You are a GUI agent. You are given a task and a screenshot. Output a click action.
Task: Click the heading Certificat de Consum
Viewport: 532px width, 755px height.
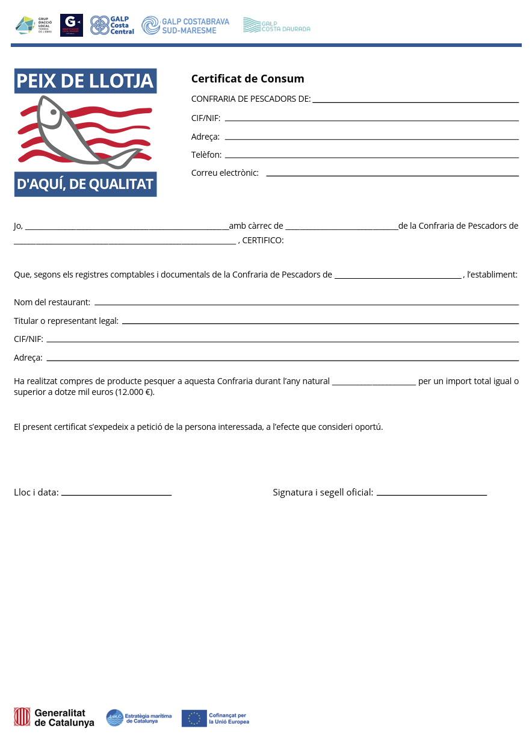[x=247, y=79]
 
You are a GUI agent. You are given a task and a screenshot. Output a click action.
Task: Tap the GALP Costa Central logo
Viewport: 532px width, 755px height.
[x=112, y=25]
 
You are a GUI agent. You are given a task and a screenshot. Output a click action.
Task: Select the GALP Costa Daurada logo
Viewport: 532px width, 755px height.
[x=276, y=25]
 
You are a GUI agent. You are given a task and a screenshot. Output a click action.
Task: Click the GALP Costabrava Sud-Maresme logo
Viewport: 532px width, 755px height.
[x=185, y=25]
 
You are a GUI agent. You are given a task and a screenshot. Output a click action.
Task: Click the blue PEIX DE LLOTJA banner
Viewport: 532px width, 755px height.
[x=85, y=81]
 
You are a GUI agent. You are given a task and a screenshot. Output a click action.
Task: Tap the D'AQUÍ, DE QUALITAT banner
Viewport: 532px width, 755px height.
[x=85, y=184]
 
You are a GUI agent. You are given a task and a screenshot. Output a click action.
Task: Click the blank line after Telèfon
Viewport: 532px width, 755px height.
[x=371, y=157]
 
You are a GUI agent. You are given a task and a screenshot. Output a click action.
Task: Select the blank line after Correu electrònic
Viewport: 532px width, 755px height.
[x=392, y=175]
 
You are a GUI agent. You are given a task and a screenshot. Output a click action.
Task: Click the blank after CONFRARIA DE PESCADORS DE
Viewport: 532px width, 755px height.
[x=415, y=101]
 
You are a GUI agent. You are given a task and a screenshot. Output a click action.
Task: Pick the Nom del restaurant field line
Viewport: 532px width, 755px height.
[x=306, y=303]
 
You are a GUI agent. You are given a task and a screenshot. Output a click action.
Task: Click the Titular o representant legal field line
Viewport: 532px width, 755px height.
[x=320, y=322]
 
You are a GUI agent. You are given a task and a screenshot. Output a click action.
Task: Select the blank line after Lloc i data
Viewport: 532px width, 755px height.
[x=116, y=494]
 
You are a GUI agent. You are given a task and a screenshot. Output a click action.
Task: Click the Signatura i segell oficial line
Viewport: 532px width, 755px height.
[x=431, y=494]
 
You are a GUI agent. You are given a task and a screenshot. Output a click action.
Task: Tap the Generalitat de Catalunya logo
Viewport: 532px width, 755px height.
[x=54, y=717]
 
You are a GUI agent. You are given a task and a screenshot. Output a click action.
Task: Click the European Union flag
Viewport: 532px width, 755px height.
[x=194, y=718]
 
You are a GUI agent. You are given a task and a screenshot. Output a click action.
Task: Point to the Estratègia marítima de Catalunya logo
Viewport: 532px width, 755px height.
[x=139, y=718]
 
